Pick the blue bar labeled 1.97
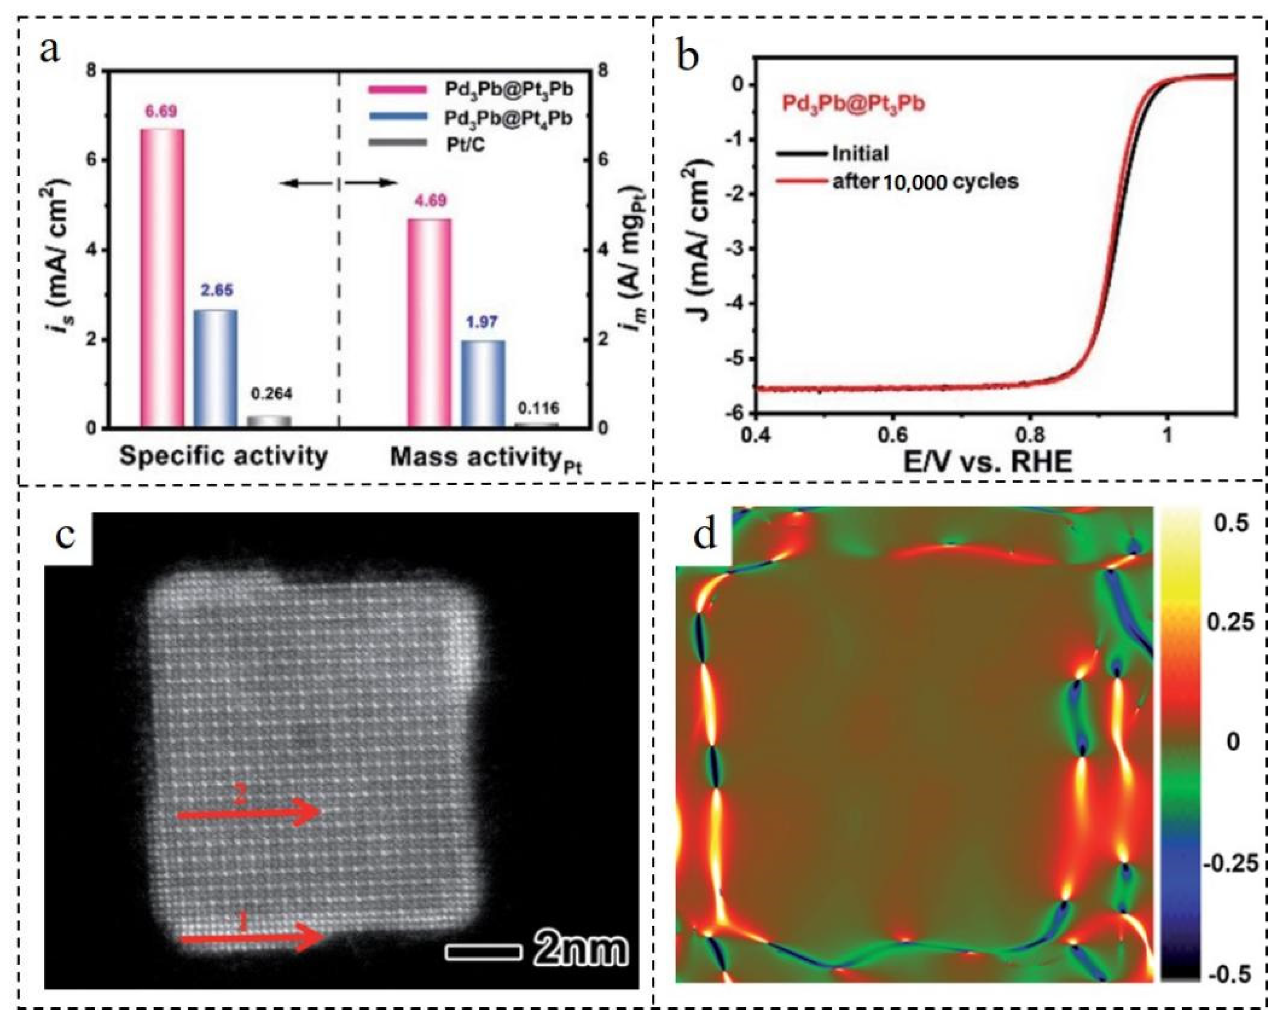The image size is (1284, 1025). (x=483, y=384)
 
